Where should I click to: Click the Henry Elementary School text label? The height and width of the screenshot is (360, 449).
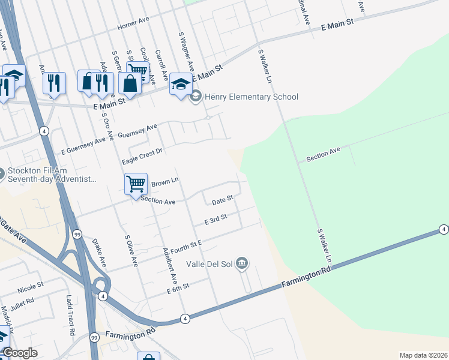tap(251, 97)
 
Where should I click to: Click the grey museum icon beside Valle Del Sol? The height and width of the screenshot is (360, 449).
tap(242, 262)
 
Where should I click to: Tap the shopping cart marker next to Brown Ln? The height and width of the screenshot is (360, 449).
tap(136, 184)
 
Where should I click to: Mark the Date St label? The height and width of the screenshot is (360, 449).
tap(222, 199)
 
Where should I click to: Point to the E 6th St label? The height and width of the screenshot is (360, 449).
tap(178, 288)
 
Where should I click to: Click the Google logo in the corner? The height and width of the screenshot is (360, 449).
tap(20, 353)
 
